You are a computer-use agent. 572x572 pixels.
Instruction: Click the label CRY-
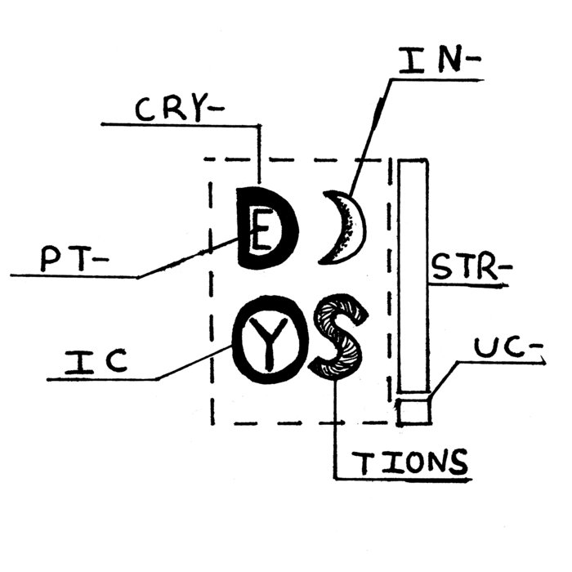point(180,108)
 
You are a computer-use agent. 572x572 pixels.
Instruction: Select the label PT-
point(74,259)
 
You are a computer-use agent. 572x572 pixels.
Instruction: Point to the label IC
point(96,362)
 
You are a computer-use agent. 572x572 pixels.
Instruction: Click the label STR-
point(471,267)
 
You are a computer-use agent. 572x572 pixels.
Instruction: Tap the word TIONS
point(409,463)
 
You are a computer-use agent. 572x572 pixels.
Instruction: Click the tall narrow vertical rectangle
point(413,276)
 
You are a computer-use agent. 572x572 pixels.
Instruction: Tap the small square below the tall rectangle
point(414,412)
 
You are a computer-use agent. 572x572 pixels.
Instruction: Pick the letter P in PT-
point(50,259)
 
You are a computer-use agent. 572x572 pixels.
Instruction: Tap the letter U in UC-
point(486,347)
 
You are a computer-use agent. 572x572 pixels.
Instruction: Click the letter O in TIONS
point(413,463)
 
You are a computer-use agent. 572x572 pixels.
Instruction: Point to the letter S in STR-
point(442,267)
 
